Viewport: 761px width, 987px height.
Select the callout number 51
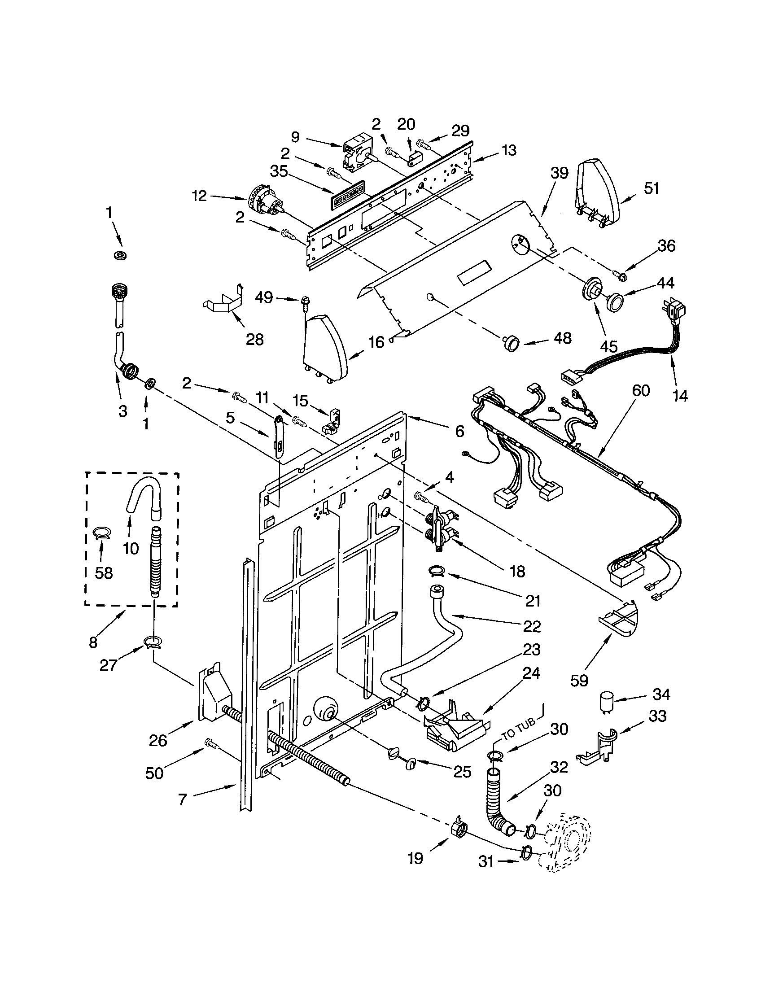[x=651, y=188]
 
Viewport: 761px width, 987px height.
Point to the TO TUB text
[x=518, y=729]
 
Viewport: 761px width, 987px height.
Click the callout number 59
[x=579, y=680]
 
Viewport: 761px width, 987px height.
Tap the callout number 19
[x=415, y=858]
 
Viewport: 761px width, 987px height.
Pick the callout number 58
[x=104, y=573]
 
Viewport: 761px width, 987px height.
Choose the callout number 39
[x=559, y=172]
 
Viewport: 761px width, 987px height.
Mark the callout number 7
[x=182, y=799]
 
